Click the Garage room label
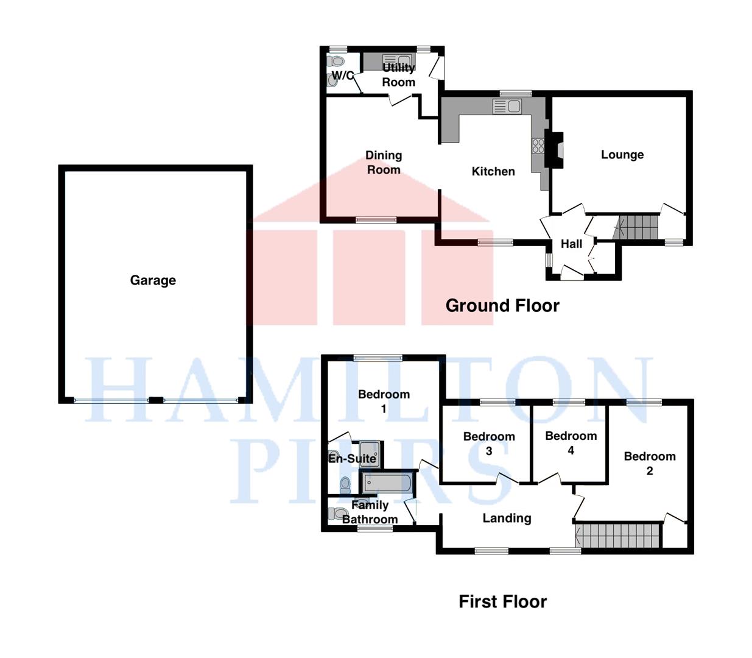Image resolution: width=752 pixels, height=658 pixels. click(153, 280)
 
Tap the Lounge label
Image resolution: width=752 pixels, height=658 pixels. click(622, 155)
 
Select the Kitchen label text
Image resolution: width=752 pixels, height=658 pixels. click(493, 171)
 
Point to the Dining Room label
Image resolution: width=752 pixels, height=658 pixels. click(384, 162)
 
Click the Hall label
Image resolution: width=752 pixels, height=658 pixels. click(571, 244)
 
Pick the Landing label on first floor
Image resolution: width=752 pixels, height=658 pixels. click(507, 518)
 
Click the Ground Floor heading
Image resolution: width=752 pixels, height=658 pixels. click(502, 306)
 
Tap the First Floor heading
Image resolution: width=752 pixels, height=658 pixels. click(503, 602)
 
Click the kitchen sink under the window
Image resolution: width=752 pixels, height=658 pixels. click(507, 106)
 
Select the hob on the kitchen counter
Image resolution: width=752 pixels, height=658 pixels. click(538, 146)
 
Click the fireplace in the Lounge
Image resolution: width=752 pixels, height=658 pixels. click(554, 149)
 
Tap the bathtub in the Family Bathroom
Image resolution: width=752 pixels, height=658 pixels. click(387, 483)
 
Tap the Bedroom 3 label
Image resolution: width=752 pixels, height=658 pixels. click(489, 444)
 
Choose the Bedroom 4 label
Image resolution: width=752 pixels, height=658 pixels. click(571, 443)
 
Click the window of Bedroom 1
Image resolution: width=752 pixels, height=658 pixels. click(378, 358)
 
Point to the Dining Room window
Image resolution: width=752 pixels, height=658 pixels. click(376, 220)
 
